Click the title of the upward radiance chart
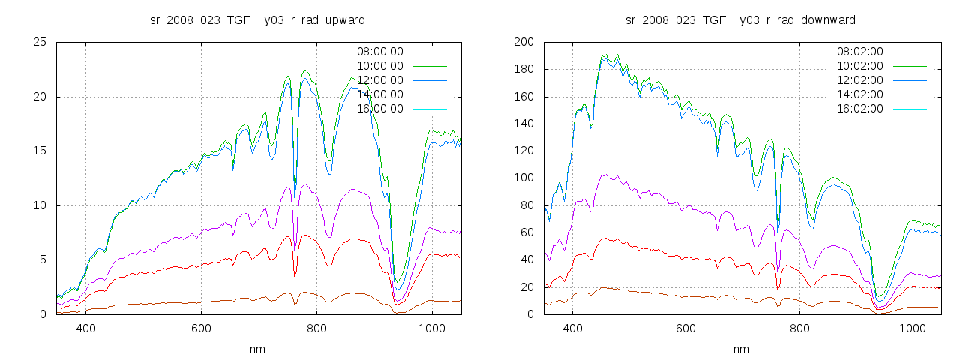pyautogui.click(x=257, y=19)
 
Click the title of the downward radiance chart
pyautogui.click(x=740, y=19)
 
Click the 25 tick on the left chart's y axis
pyautogui.click(x=40, y=42)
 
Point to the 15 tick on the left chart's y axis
pyautogui.click(x=40, y=151)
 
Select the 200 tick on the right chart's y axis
pyautogui.click(x=523, y=42)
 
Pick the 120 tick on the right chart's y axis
pyautogui.click(x=523, y=151)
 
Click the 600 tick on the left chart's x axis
pyautogui.click(x=201, y=328)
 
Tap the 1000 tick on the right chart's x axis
pyautogui.click(x=912, y=328)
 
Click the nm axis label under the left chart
pyautogui.click(x=258, y=349)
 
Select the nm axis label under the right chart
pyautogui.click(x=741, y=349)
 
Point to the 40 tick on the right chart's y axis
pyautogui.click(x=526, y=259)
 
